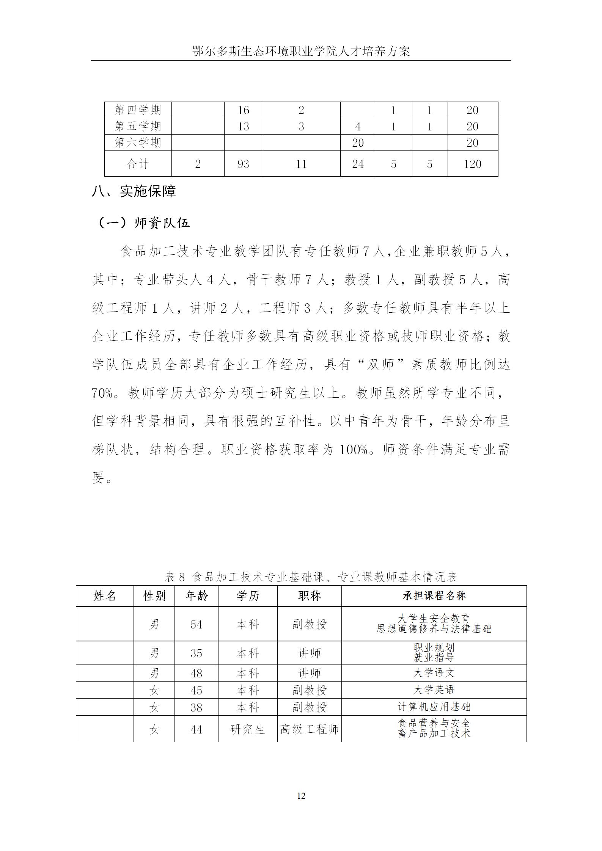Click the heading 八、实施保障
point(134,191)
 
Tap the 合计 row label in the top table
point(138,164)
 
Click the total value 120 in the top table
point(472,164)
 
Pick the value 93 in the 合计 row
point(243,164)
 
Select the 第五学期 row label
point(138,126)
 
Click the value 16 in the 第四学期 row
point(243,110)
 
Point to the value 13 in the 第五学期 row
point(243,126)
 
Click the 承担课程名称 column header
point(434,596)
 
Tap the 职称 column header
point(309,596)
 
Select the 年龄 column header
point(196,596)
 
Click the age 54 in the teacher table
point(196,624)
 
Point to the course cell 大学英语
point(434,690)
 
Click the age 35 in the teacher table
point(196,653)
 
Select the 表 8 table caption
point(311,577)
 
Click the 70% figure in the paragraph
point(102,393)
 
